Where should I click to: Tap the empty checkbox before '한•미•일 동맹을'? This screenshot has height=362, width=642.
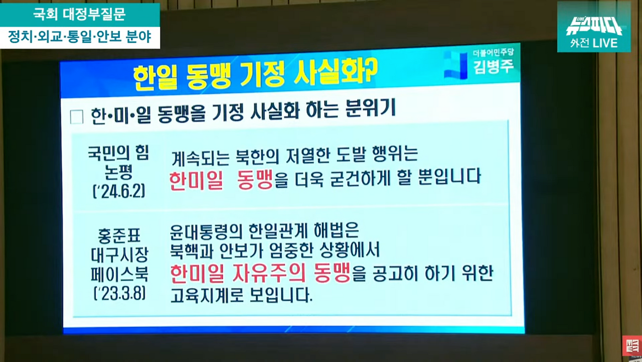[x=77, y=116]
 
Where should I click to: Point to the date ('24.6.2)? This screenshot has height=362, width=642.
[x=118, y=191]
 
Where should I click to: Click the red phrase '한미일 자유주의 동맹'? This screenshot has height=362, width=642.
[x=260, y=273]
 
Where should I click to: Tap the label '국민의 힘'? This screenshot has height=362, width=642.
[x=118, y=152]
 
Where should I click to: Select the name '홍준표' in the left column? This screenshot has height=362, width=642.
[x=119, y=235]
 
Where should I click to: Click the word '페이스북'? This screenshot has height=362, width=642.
[x=119, y=274]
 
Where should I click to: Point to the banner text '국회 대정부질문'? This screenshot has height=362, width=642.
[x=80, y=14]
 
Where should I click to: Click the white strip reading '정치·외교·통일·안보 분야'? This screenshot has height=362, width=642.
[x=80, y=37]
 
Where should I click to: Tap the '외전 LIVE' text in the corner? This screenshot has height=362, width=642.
[x=594, y=43]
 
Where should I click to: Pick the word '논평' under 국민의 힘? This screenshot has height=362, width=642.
[x=118, y=172]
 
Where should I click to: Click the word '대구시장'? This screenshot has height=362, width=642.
[x=119, y=255]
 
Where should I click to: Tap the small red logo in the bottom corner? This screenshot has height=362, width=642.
[x=631, y=346]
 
